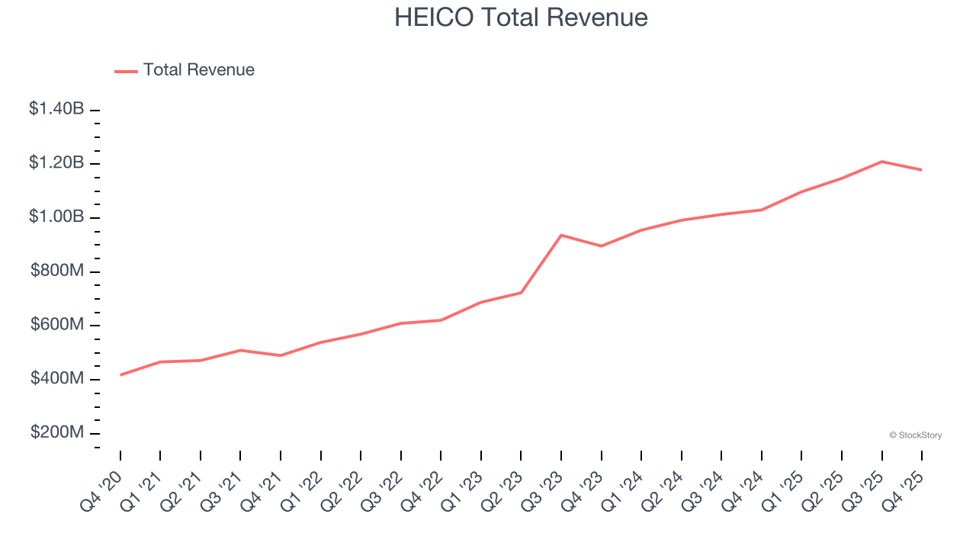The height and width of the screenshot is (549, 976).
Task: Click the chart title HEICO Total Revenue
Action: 521,17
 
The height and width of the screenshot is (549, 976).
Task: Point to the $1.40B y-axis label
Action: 56,109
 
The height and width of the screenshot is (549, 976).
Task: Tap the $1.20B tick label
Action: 56,163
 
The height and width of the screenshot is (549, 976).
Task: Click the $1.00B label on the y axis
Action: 56,217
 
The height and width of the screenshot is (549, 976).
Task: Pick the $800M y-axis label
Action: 57,271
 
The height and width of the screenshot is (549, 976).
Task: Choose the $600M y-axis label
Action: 57,325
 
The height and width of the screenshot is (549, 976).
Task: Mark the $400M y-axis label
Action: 57,379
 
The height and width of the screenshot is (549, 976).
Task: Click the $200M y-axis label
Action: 57,433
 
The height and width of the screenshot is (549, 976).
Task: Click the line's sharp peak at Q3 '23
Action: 561,235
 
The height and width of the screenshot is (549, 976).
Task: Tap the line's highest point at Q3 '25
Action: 882,162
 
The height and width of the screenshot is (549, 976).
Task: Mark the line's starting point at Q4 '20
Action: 120,375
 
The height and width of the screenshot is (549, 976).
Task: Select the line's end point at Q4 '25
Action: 922,170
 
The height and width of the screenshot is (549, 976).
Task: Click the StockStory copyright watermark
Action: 915,435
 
